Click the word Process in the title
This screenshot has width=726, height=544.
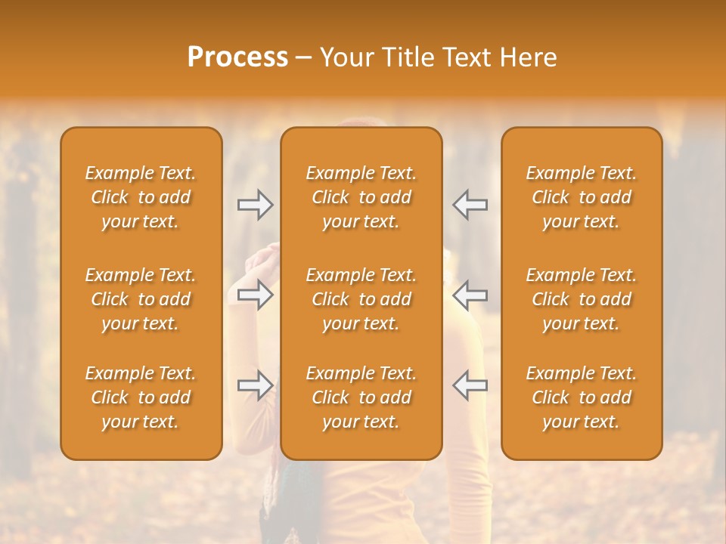[237, 57]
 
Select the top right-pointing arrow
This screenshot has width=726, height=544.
[255, 205]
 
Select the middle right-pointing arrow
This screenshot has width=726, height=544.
[255, 294]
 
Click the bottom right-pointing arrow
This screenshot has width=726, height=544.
[255, 385]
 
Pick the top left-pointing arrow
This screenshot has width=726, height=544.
[470, 205]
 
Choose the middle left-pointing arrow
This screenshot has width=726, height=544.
[470, 294]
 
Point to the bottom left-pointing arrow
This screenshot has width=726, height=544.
[470, 385]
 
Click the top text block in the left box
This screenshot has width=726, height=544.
[141, 197]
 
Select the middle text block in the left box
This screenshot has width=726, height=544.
[141, 299]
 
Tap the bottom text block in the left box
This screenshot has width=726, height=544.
[141, 397]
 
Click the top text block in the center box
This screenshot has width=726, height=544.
[361, 197]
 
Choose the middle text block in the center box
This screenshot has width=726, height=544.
[361, 299]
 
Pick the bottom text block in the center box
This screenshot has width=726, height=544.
[361, 397]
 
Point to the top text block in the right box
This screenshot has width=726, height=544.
[581, 197]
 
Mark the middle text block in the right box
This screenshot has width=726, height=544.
[581, 299]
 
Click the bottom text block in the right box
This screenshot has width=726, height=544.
[581, 397]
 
